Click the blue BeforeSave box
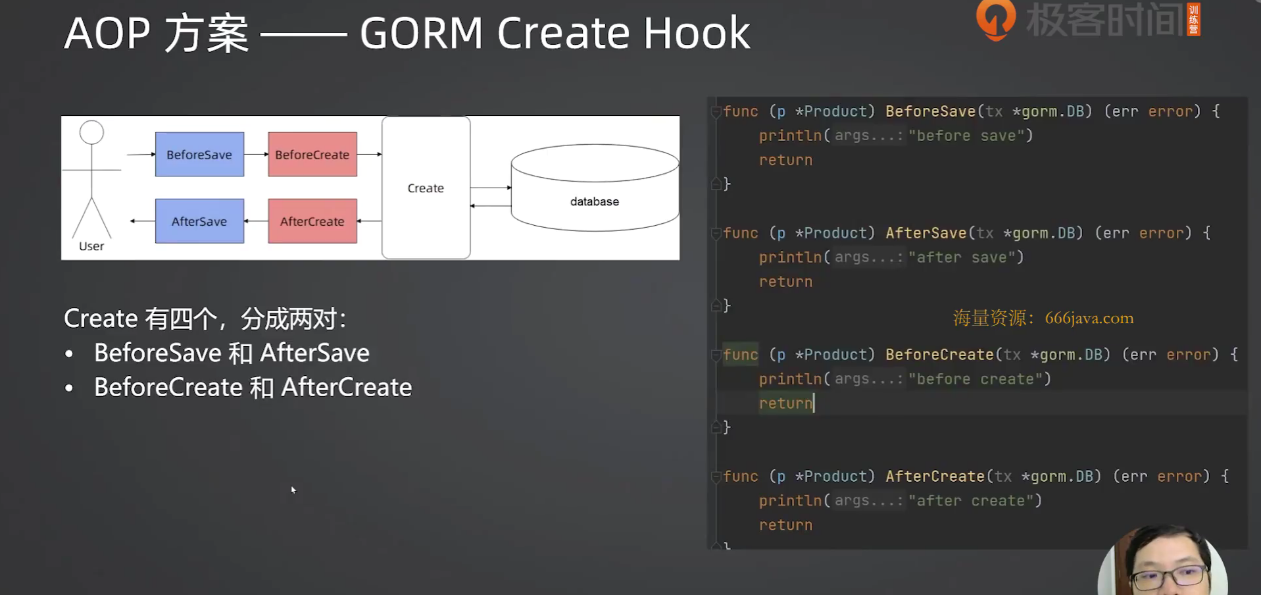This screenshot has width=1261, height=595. [199, 154]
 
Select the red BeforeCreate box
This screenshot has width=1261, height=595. [312, 154]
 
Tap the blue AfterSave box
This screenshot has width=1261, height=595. [199, 221]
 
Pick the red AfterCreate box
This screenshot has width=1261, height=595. [312, 221]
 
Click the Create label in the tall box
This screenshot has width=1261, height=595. [426, 188]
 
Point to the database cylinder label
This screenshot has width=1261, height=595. [595, 201]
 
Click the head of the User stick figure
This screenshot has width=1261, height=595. [91, 132]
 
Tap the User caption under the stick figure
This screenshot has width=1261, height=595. [91, 246]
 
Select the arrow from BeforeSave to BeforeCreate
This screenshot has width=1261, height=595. [256, 154]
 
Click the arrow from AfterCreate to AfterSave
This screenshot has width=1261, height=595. [256, 221]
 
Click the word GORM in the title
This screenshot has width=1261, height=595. [422, 33]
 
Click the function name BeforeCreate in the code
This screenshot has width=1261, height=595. [939, 355]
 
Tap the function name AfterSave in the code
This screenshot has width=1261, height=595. [926, 233]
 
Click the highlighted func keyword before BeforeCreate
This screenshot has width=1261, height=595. [740, 355]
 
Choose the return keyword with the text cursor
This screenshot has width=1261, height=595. [785, 403]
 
